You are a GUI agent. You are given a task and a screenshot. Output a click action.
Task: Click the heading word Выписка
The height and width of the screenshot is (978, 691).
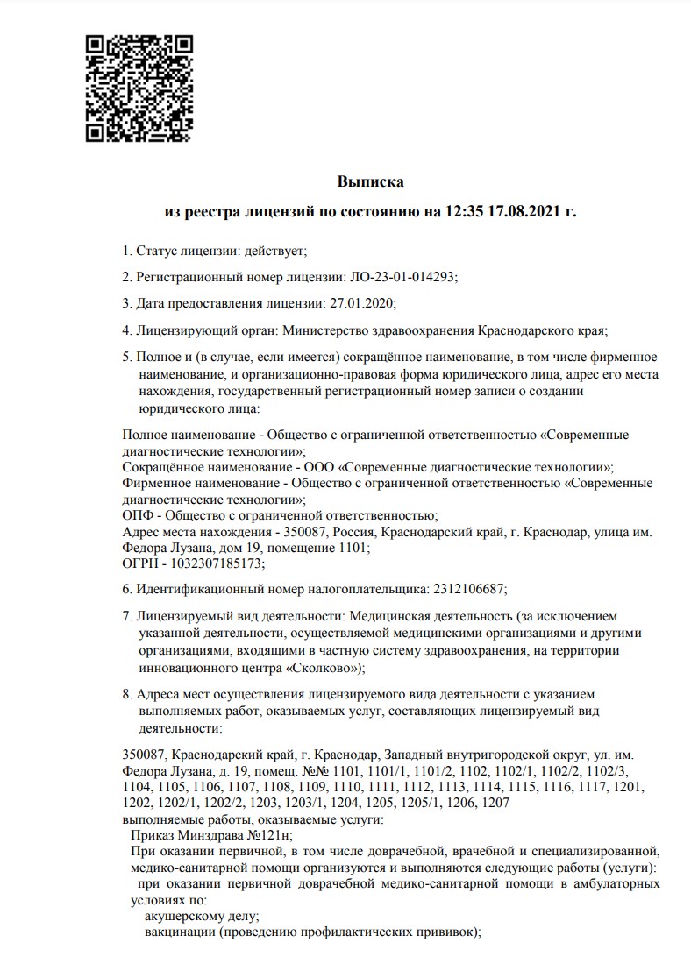(x=371, y=182)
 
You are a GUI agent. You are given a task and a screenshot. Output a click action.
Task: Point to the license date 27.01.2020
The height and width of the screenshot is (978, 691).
(x=362, y=303)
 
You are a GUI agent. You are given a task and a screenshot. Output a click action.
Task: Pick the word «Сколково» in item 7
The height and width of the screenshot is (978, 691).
(x=314, y=668)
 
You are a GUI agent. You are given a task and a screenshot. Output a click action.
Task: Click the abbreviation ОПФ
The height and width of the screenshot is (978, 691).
(x=137, y=514)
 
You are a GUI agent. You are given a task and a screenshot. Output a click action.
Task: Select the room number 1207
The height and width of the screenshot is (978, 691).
(x=495, y=802)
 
